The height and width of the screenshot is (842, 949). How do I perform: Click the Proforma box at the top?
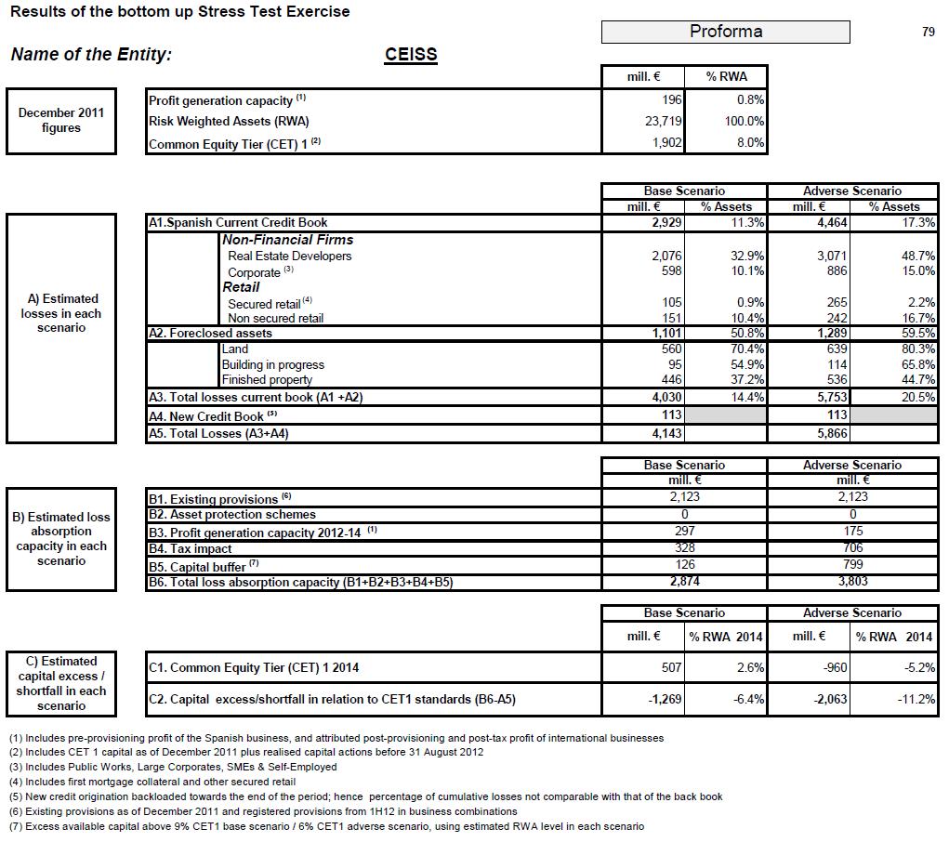click(725, 32)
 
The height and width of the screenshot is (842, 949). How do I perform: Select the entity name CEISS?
click(411, 54)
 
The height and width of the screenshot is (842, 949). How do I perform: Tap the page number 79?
click(928, 32)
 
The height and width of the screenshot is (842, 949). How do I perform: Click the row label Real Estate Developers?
click(289, 256)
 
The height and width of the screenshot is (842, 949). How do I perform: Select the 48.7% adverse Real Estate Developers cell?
click(918, 256)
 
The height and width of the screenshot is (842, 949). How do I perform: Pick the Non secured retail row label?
click(275, 318)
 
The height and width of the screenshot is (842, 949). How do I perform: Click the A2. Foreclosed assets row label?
click(211, 333)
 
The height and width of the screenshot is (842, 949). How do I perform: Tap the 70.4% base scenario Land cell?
click(747, 349)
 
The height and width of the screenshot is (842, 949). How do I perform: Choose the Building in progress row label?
click(272, 364)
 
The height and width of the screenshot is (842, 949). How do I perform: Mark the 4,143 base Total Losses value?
click(664, 433)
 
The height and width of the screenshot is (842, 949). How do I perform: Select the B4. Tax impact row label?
click(191, 548)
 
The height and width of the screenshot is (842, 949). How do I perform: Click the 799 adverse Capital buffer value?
click(852, 564)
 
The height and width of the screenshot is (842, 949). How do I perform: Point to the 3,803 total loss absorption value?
click(852, 582)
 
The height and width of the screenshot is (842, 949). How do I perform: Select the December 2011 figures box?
click(61, 121)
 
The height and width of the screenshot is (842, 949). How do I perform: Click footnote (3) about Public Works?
click(172, 767)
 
